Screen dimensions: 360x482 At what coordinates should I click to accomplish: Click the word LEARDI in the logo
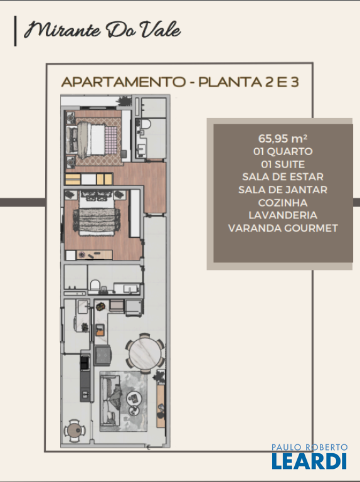coord(309,461)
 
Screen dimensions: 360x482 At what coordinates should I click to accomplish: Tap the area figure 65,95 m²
coord(283,138)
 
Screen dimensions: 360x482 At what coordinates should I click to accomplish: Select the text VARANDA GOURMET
coord(283,228)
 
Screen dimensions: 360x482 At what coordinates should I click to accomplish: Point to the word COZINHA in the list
coord(283,203)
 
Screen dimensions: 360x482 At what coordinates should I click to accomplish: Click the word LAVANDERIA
coord(283,215)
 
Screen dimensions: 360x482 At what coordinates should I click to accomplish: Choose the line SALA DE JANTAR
coord(283,190)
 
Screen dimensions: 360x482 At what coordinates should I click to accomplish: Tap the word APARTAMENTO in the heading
coord(124,82)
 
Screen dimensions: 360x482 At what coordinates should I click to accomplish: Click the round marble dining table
coord(145,353)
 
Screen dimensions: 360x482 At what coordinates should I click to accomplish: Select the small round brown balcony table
coord(75,431)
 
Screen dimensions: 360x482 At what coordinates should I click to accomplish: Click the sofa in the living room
coord(109,401)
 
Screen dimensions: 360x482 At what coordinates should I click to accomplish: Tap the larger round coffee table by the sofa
coord(134,398)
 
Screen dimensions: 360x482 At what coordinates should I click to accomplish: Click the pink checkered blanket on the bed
coord(111,140)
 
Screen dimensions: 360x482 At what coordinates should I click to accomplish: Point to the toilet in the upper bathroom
coord(146,124)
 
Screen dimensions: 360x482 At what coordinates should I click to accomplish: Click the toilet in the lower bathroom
coord(95,284)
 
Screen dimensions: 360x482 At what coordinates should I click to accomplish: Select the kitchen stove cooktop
coord(103,355)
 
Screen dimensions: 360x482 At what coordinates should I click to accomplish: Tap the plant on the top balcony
coord(124,101)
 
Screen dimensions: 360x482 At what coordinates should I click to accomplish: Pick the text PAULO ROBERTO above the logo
coord(309,447)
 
